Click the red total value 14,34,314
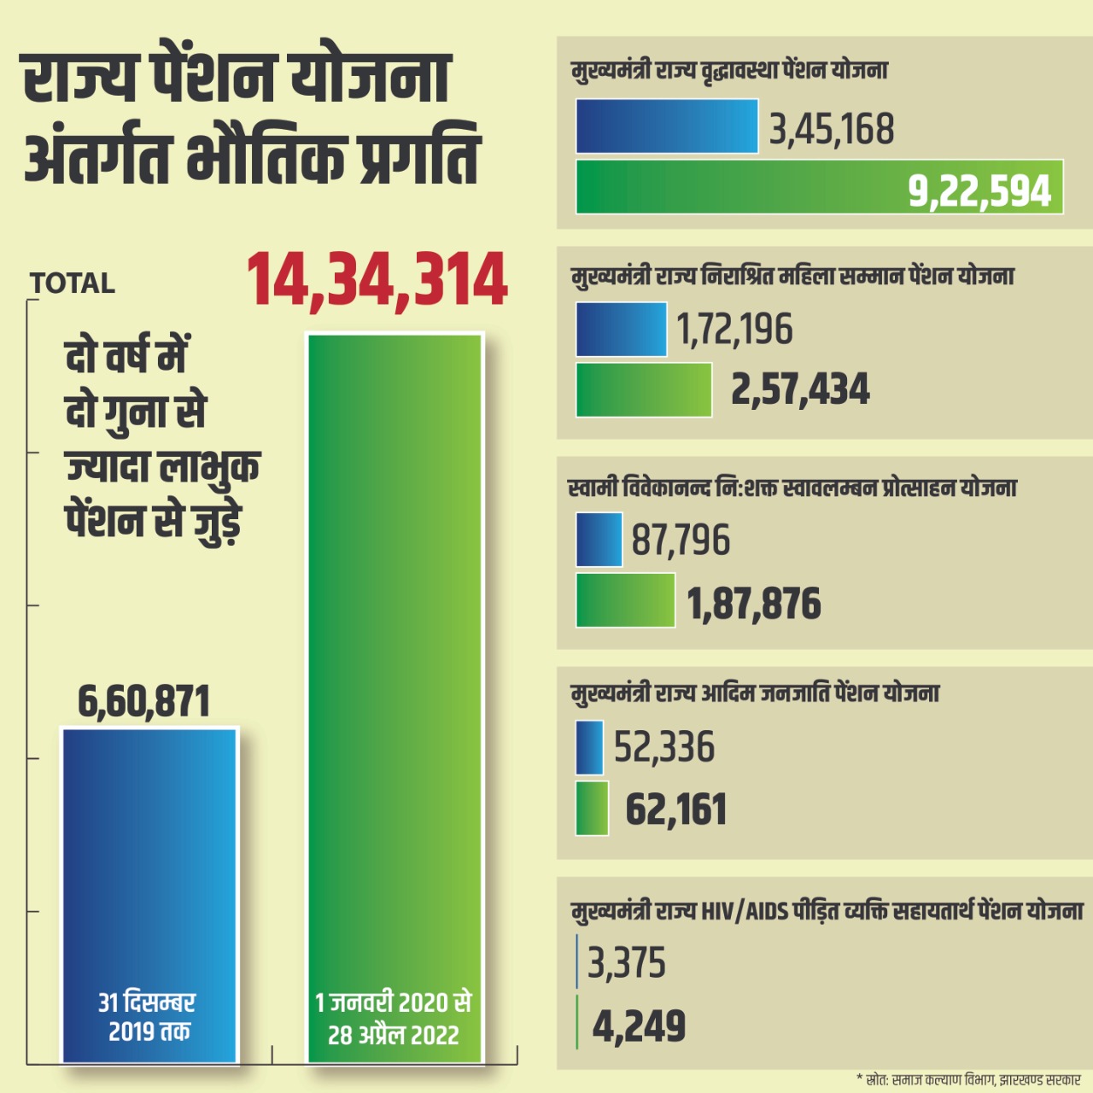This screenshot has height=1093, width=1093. (377, 280)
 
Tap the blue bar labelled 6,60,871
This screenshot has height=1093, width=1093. (149, 854)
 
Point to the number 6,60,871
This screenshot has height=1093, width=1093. (143, 702)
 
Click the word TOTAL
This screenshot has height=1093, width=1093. (73, 283)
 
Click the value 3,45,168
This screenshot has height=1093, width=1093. (832, 130)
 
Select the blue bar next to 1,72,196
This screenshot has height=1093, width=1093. (621, 330)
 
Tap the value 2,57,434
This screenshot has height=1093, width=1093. (800, 389)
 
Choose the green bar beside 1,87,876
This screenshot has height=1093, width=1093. (625, 600)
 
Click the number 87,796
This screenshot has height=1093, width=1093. (681, 541)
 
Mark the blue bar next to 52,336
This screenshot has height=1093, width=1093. (589, 747)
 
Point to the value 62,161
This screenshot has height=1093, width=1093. (675, 810)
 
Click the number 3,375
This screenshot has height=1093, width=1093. (627, 963)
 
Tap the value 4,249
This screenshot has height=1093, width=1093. (639, 1026)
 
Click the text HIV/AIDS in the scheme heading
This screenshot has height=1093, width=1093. (745, 912)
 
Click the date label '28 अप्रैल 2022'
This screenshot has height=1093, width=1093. (394, 1035)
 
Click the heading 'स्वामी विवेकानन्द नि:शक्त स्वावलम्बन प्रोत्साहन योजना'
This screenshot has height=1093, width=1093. (792, 488)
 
